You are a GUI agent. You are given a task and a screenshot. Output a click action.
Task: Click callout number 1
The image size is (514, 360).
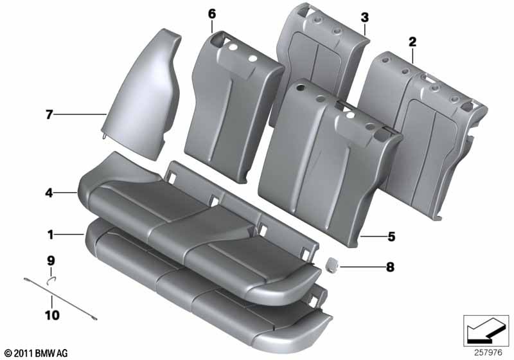tap(50, 235)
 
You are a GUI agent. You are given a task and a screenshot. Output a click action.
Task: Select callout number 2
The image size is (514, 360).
tap(412, 42)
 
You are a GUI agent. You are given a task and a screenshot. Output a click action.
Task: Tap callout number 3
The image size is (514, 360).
tap(364, 17)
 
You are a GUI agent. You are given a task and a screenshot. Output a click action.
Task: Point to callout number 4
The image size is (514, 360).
tap(49, 193)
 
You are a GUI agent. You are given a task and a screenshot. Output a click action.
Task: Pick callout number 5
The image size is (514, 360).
tap(391, 237)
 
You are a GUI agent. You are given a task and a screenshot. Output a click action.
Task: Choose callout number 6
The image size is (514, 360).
tap(212, 14)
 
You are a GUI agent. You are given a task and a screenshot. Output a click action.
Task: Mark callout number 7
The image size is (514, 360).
tap(49, 115)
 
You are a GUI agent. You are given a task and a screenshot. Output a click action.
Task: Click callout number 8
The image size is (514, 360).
tap(390, 267)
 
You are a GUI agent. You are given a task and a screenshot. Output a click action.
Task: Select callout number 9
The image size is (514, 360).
tap(51, 261)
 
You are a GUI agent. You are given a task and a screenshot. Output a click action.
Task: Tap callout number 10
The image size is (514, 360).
tap(52, 316)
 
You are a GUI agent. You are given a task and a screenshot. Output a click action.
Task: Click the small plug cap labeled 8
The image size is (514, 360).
tap(332, 264)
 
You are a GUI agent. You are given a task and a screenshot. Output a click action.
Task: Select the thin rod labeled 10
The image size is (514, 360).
tap(60, 298)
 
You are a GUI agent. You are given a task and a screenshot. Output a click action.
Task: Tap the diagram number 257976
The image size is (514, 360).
tap(488, 353)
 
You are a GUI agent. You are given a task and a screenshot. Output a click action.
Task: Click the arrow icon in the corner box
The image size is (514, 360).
tap(486, 330)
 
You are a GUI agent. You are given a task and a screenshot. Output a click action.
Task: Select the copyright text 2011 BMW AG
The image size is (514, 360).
tap(37, 353)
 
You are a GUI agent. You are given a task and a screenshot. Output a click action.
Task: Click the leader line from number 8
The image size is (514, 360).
tap(362, 267)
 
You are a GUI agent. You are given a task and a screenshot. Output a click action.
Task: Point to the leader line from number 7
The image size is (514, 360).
tap(80, 114)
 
